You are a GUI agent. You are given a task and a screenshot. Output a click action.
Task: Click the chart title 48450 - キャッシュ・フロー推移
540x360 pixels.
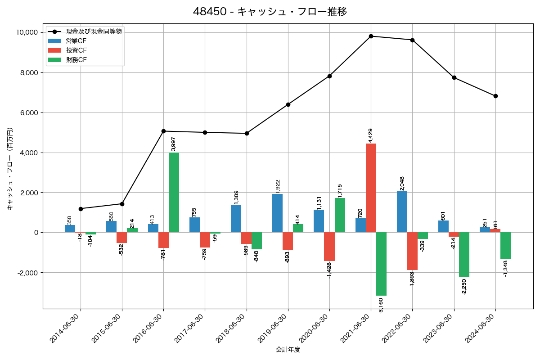pos(270,12)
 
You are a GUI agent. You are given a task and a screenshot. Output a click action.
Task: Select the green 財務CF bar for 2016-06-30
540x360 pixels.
pos(174,193)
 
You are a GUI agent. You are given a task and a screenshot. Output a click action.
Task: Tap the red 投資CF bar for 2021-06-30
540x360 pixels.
pos(371,188)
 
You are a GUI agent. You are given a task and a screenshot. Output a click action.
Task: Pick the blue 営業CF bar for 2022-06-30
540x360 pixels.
pos(402,212)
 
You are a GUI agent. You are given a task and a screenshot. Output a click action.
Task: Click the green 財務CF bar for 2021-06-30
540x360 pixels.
pos(381,264)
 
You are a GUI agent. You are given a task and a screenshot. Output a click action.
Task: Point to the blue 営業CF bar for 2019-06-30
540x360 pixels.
pos(277,213)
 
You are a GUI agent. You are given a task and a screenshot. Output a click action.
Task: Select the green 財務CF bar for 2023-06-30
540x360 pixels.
pos(464,255)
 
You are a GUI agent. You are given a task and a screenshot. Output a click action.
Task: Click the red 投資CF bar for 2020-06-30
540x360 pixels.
pos(329,247)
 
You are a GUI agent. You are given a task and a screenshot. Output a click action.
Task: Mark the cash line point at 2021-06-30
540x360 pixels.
pos(371,36)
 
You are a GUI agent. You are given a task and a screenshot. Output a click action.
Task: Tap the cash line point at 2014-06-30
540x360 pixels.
pos(81,209)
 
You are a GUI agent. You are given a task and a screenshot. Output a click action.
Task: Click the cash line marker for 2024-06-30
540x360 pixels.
pos(495,96)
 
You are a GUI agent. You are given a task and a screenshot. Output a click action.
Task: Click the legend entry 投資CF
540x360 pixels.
pos(76,50)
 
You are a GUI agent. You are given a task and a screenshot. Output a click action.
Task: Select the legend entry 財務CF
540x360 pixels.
pos(76,60)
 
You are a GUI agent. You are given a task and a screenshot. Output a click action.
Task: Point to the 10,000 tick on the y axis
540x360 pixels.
pos(27,32)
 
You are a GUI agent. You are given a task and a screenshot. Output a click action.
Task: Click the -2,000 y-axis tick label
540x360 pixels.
pos(27,273)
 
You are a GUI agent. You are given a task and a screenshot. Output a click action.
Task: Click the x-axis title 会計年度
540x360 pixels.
pos(288,350)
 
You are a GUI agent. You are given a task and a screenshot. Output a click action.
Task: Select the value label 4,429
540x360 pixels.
pos(370,135)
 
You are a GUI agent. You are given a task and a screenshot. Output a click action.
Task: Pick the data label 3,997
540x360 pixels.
pos(174,144)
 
